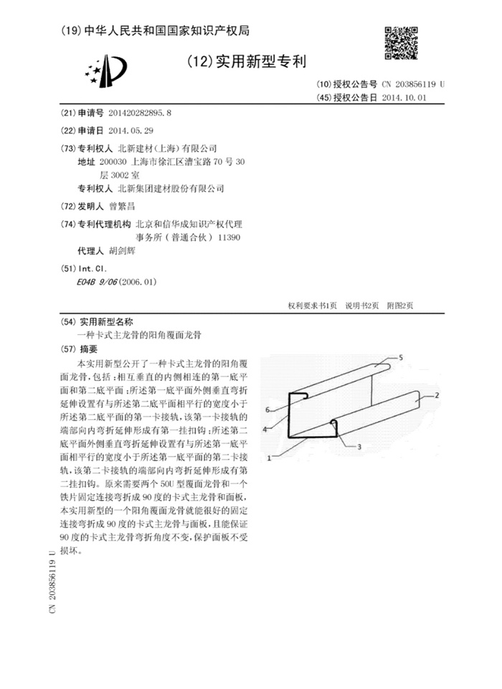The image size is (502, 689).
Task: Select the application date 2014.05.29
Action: [x=131, y=130]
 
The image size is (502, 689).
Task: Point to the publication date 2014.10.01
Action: [x=404, y=97]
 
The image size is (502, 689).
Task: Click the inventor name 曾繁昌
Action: [x=120, y=206]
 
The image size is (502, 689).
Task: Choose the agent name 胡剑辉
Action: [x=121, y=252]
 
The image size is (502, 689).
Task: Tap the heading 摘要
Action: [x=88, y=350]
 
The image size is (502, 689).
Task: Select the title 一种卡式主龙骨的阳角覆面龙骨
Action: [x=140, y=335]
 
